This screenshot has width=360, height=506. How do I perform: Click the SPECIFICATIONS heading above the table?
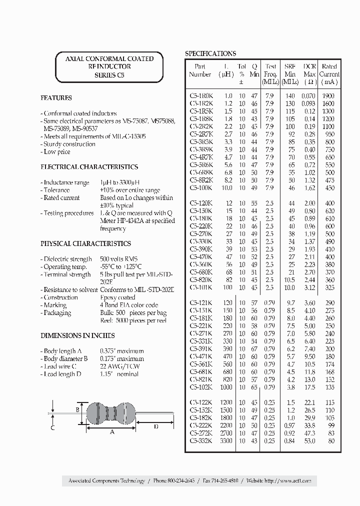210,53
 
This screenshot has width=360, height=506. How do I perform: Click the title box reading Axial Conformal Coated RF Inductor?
109,66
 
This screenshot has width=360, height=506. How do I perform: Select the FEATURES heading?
56,98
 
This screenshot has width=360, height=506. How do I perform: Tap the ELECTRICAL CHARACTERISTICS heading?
89,167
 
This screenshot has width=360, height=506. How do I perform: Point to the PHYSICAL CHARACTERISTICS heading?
85,243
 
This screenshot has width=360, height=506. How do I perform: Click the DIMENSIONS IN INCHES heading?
77,335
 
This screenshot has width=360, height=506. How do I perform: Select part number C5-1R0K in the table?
200,95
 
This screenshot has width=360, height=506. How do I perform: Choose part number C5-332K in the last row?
200,441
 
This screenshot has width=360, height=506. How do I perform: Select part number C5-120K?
200,203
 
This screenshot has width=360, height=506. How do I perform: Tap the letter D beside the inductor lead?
156,426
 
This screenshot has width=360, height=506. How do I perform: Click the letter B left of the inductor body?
77,409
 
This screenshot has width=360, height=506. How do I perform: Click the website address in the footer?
287,480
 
